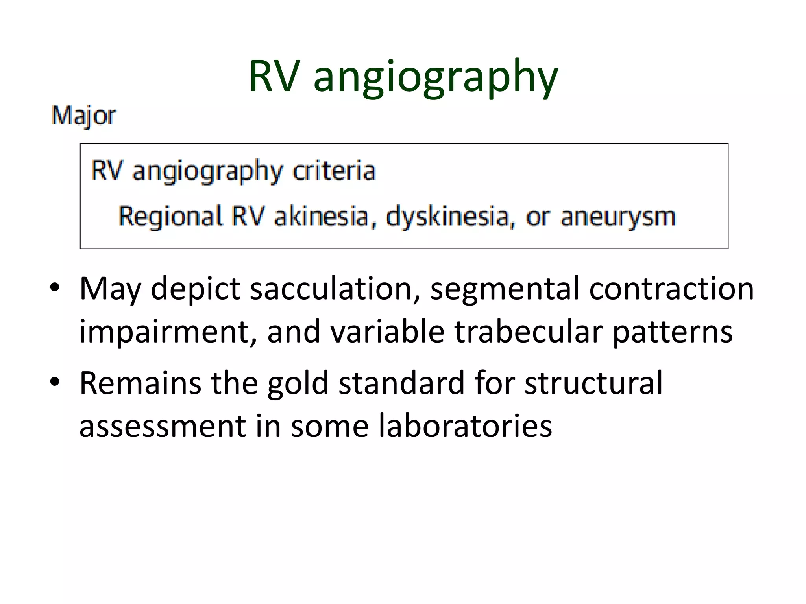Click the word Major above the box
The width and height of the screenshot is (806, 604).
click(x=84, y=116)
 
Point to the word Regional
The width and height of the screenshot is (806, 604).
click(x=170, y=217)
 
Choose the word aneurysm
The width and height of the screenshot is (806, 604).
click(x=618, y=217)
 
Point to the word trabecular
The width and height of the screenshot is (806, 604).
click(x=529, y=331)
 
